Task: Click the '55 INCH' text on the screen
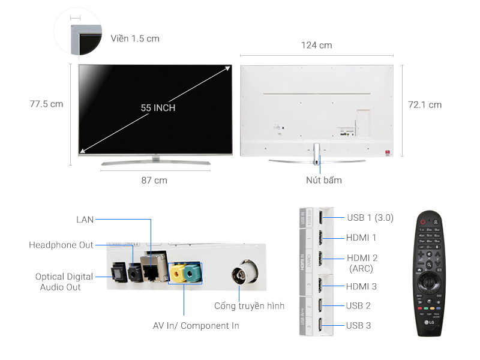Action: point(158,108)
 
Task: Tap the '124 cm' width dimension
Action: point(317,46)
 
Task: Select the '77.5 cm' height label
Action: point(46,104)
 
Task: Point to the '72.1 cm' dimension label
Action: point(425,104)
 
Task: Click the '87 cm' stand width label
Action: point(155,180)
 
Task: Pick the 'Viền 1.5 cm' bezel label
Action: point(135,38)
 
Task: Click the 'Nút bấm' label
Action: point(324,180)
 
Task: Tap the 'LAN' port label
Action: point(85,220)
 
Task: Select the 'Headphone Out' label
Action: point(61,245)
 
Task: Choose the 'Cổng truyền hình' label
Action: point(249,306)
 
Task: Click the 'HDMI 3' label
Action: point(362,287)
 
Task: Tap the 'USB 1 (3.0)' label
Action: point(370,217)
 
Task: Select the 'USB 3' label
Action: point(358,325)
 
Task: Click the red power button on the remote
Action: point(424,221)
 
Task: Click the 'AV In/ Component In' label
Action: point(196,326)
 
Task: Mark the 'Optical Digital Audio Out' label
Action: point(64,282)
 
